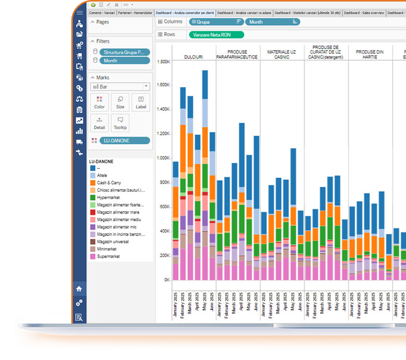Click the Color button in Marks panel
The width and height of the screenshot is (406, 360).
tap(99, 102)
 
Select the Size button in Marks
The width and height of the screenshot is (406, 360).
tap(120, 102)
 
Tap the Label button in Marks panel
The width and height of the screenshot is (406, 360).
tap(141, 102)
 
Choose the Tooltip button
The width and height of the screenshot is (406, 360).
tap(120, 123)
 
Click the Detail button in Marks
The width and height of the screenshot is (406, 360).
tap(99, 123)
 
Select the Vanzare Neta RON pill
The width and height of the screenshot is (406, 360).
tap(216, 34)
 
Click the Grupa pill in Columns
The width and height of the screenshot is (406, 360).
tap(217, 22)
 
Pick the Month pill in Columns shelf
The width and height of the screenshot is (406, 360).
tap(272, 22)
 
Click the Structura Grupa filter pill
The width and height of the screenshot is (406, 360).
tap(124, 52)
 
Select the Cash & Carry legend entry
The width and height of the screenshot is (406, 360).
tap(110, 182)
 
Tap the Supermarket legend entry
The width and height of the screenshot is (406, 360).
tap(108, 256)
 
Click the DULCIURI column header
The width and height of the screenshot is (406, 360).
tap(194, 57)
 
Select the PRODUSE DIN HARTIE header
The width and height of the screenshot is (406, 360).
tap(369, 54)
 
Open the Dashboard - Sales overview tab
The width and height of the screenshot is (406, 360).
tap(363, 13)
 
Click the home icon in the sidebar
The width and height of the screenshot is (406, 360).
tap(79, 289)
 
